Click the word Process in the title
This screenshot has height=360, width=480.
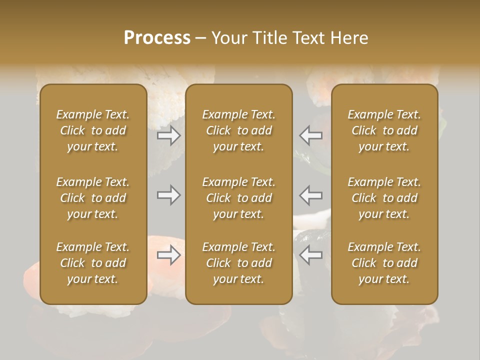pos(157,38)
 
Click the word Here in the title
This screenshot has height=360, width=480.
pos(349,38)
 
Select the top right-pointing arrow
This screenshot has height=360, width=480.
pos(169,135)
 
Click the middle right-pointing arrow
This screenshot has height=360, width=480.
pos(169,195)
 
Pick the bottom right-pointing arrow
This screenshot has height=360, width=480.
pos(169,255)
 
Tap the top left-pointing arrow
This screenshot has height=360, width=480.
pos(311,135)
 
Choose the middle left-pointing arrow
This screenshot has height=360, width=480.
pos(311,195)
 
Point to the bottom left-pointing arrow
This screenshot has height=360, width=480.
pos(311,255)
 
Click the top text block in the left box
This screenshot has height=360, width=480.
pos(93,130)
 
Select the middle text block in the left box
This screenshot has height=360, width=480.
pos(93,198)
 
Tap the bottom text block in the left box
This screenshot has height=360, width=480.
pos(93,263)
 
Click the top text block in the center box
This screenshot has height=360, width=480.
pos(238,130)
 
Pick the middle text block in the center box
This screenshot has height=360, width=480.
pos(238,198)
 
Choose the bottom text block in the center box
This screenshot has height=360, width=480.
pos(238,263)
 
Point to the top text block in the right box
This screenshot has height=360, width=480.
pos(384,130)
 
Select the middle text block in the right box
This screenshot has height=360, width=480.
pos(384,198)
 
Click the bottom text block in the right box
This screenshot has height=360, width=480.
pos(384,263)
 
